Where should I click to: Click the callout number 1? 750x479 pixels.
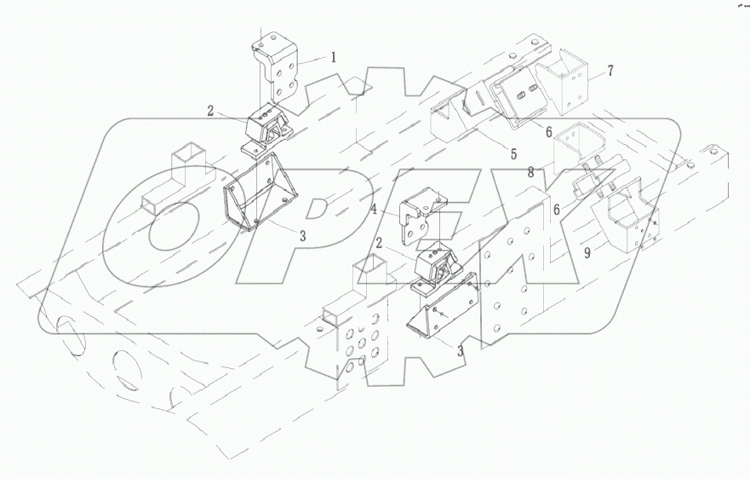[x=334, y=58]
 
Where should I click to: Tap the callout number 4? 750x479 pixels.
[x=374, y=208]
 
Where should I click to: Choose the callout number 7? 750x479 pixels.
[x=610, y=70]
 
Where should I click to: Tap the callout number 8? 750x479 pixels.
[x=530, y=172]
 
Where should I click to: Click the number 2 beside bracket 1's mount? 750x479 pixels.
[x=209, y=110]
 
